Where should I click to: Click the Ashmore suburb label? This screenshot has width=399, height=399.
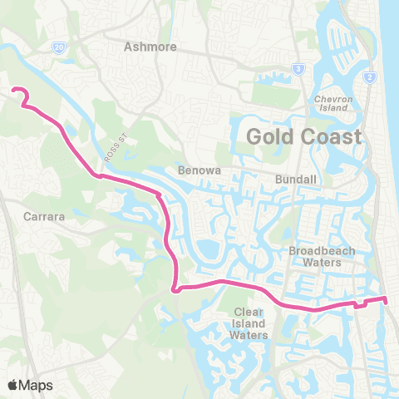(150, 47)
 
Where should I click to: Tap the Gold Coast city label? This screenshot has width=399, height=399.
(304, 136)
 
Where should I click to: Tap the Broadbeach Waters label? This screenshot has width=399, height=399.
(316, 256)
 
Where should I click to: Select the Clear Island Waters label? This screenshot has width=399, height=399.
(249, 323)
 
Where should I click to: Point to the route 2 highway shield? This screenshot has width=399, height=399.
(367, 77)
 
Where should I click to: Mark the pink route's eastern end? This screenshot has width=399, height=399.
(386, 298)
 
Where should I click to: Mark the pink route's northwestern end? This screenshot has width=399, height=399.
(12, 90)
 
